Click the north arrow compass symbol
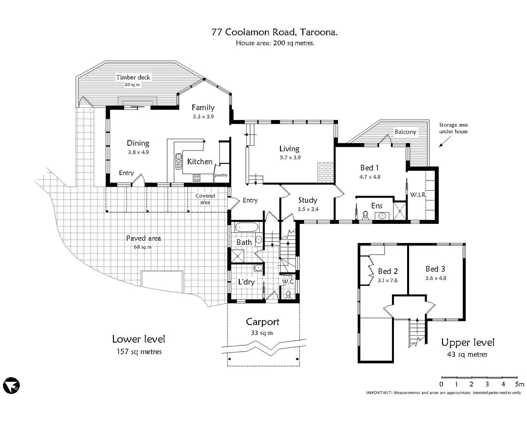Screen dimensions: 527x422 pos(11,386)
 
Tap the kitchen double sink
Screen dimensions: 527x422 pos(178,161)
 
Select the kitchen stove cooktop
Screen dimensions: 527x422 pos(196,177)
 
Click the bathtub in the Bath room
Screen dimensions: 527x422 pos(247,227)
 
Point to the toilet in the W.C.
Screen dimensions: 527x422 pos(288,295)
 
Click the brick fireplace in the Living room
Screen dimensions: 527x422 pos(326,172)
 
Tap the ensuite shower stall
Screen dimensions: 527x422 pos(399,211)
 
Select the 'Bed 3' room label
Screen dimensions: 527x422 pos(435,269)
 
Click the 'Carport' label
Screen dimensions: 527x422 pos(262,322)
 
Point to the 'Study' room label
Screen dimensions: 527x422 pos(308,200)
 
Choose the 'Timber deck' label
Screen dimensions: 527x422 pos(133,77)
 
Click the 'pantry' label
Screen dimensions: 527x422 pos(221,175)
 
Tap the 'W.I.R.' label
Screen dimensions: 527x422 pos(418,195)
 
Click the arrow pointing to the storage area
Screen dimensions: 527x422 pos(445,141)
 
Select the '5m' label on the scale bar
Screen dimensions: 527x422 pos(520,384)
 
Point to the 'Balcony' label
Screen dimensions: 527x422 pos(405,132)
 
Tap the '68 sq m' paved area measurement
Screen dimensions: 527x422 pos(142,247)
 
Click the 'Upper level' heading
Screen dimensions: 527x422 pos(468,343)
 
